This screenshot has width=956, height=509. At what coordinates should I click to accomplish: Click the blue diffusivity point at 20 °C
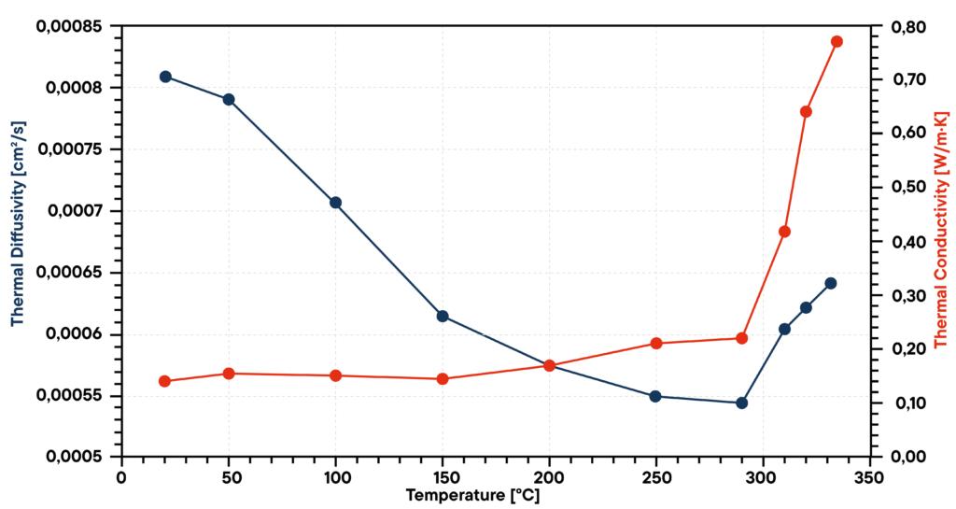click(165, 77)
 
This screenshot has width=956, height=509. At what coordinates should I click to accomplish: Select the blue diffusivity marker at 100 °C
click(336, 203)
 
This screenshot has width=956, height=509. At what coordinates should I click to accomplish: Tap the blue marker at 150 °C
click(443, 317)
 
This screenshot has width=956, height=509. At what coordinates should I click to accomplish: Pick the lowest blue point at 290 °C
click(742, 403)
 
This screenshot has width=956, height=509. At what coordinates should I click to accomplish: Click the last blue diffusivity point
click(831, 283)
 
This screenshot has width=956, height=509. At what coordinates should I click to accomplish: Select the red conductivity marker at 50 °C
click(229, 374)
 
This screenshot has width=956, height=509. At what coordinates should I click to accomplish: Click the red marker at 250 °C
click(656, 344)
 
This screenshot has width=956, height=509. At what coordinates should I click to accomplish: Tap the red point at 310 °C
click(785, 232)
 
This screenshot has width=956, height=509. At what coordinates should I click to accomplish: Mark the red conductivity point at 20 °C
click(165, 381)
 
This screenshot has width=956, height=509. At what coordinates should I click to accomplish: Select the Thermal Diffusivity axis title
click(16, 241)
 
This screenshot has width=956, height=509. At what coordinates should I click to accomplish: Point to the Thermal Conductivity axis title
click(941, 241)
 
